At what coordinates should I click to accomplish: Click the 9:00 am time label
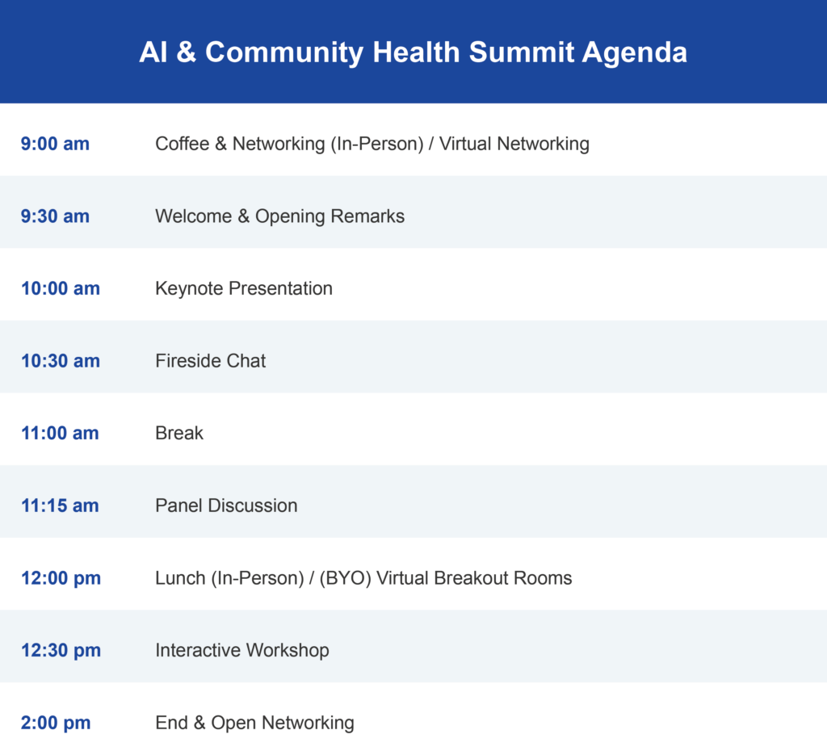pyautogui.click(x=55, y=144)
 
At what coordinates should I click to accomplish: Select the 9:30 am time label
pyautogui.click(x=55, y=216)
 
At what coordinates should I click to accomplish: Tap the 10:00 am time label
pyautogui.click(x=60, y=288)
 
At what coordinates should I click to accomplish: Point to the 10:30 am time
pyautogui.click(x=60, y=361)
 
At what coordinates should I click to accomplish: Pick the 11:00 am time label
pyautogui.click(x=60, y=433)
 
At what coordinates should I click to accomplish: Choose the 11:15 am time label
pyautogui.click(x=60, y=505)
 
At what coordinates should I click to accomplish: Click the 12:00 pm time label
pyautogui.click(x=61, y=578)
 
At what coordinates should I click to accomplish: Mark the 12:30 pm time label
pyautogui.click(x=61, y=650)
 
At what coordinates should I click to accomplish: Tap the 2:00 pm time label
pyautogui.click(x=56, y=723)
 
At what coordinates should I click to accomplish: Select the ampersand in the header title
pyautogui.click(x=187, y=52)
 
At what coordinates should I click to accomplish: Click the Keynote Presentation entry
pyautogui.click(x=244, y=289)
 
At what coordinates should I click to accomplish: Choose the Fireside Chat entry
pyautogui.click(x=211, y=361)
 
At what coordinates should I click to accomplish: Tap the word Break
pyautogui.click(x=178, y=433)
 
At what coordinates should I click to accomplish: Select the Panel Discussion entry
pyautogui.click(x=226, y=505)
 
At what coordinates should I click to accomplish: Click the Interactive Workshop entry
pyautogui.click(x=242, y=651)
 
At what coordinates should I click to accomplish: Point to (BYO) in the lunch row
pyautogui.click(x=346, y=578)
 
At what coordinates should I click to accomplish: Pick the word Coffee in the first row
pyautogui.click(x=182, y=144)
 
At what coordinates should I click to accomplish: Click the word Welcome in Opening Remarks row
pyautogui.click(x=194, y=216)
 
